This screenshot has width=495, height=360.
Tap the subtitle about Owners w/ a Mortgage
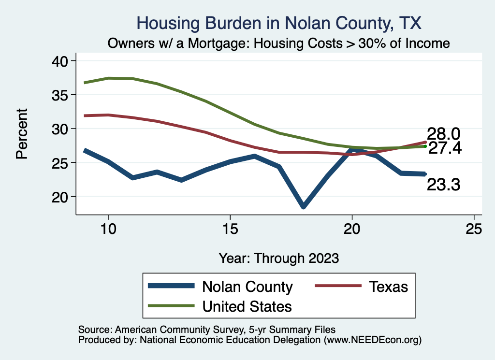pyautogui.click(x=279, y=43)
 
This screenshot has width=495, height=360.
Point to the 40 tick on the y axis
pyautogui.click(x=61, y=61)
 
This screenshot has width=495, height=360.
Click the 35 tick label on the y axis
pyautogui.click(x=61, y=95)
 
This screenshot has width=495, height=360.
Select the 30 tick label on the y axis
pyautogui.click(x=61, y=129)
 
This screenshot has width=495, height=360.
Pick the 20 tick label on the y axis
pyautogui.click(x=61, y=197)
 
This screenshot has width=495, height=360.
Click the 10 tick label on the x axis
pyautogui.click(x=108, y=229)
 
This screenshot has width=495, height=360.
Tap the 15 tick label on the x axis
pyautogui.click(x=230, y=229)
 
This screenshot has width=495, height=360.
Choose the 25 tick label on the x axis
pyautogui.click(x=474, y=229)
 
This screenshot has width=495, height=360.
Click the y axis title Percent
pyautogui.click(x=22, y=133)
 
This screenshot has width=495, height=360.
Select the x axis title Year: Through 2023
pyautogui.click(x=279, y=258)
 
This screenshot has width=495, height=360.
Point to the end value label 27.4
pyautogui.click(x=445, y=148)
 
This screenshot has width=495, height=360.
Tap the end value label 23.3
pyautogui.click(x=443, y=184)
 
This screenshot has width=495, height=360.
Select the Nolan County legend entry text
pyautogui.click(x=247, y=287)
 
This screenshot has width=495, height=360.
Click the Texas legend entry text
pyautogui.click(x=389, y=287)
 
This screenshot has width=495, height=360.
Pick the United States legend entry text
pyautogui.click(x=247, y=306)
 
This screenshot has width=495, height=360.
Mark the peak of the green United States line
pyautogui.click(x=108, y=78)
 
